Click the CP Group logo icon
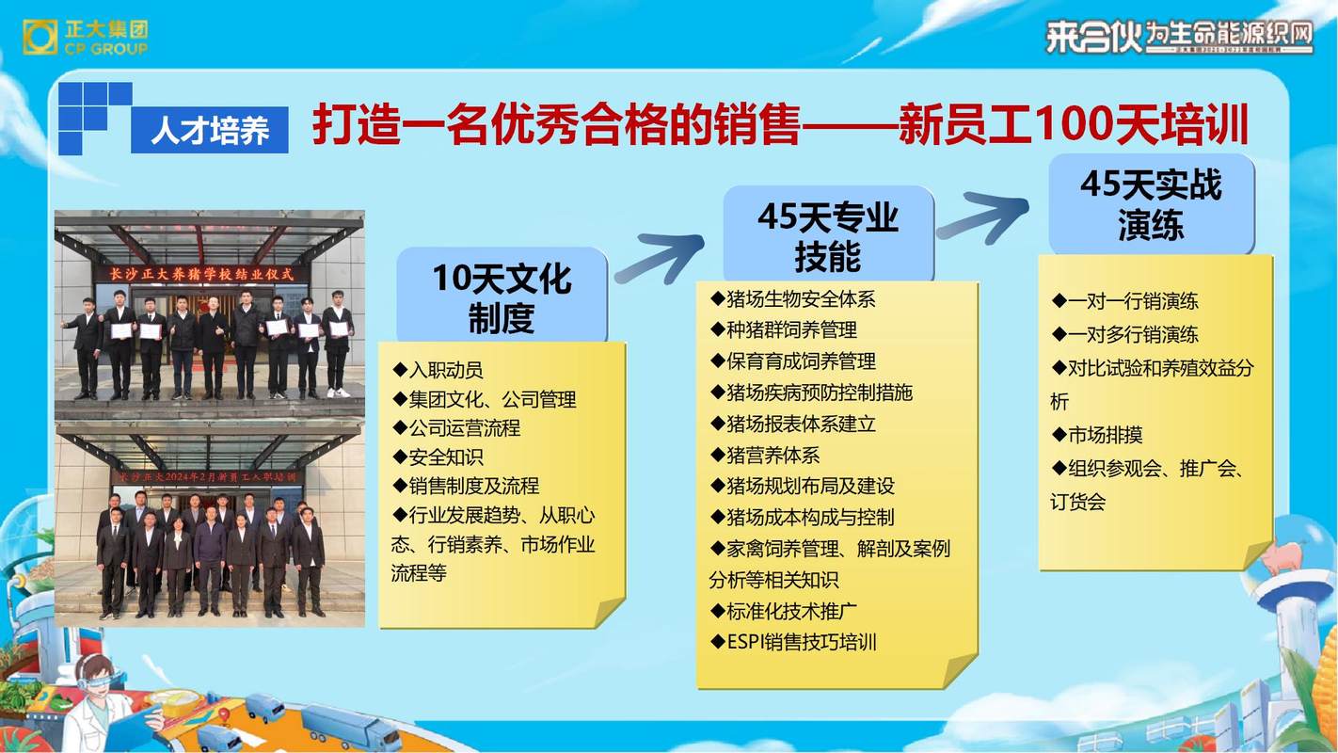[40, 37]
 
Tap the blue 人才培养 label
[209, 130]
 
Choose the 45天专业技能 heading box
[827, 235]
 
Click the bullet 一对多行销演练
[1125, 335]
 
